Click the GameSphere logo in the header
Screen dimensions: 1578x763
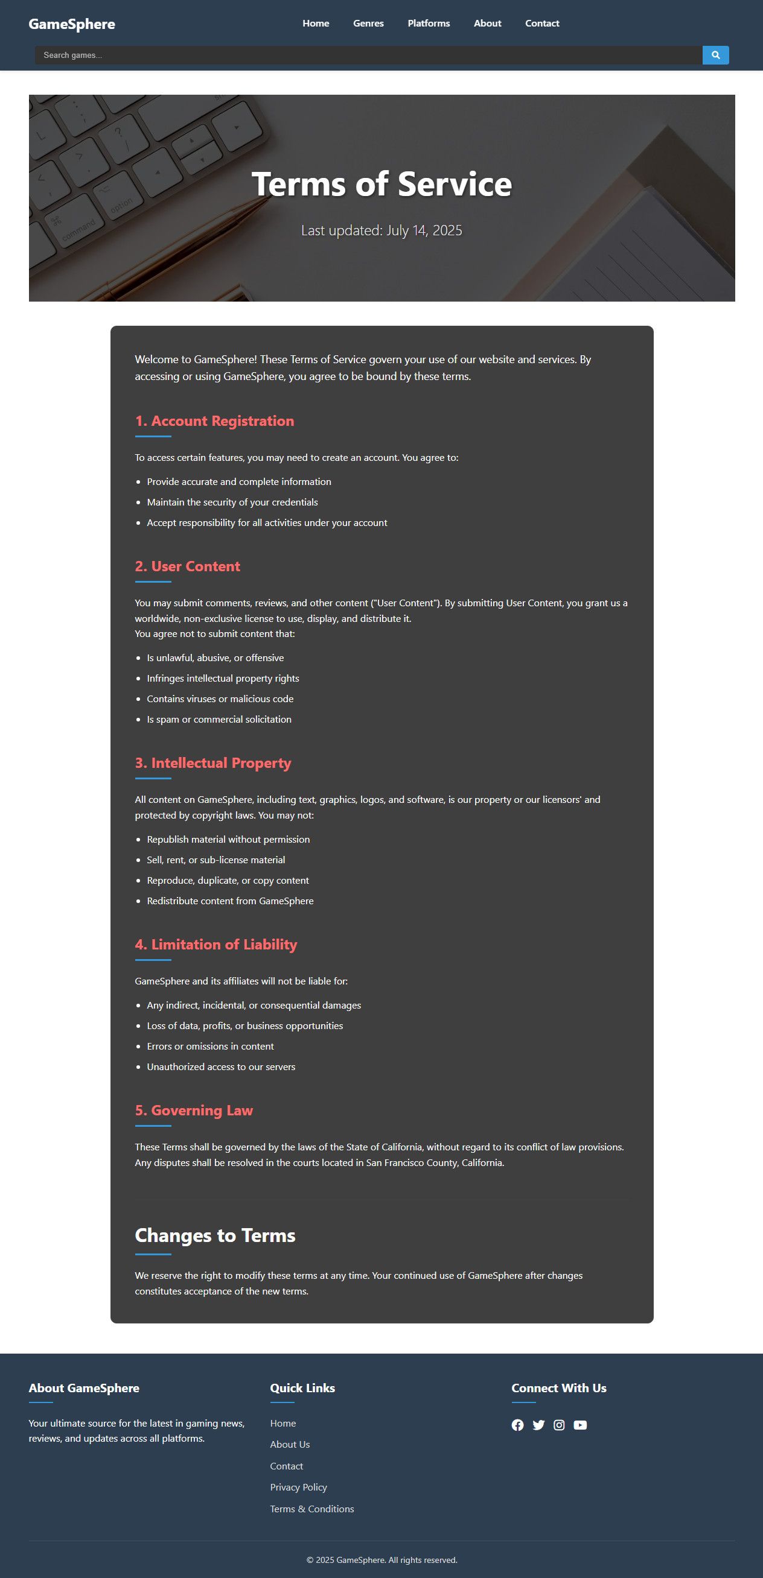[x=72, y=24]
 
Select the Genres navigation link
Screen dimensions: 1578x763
[x=368, y=24]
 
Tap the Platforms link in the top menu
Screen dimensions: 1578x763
[x=429, y=24]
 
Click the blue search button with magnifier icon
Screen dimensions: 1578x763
[x=715, y=55]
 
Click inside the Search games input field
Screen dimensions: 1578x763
[x=368, y=55]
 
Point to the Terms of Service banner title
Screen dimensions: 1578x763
[x=381, y=184]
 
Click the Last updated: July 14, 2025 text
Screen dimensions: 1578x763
[x=381, y=230]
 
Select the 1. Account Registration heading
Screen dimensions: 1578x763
[x=214, y=421]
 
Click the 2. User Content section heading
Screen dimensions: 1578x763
[x=188, y=566]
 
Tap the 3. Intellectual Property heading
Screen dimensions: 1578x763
[x=212, y=762]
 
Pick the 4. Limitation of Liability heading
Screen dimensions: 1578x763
[x=215, y=944]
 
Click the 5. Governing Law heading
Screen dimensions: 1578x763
[x=194, y=1110]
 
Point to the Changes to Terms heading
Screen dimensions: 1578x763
[x=215, y=1235]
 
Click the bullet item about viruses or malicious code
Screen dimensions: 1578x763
[x=220, y=699]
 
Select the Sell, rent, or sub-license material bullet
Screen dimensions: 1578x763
[x=215, y=860]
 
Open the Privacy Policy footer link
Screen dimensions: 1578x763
[x=298, y=1487]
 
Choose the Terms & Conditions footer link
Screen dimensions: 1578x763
[x=312, y=1508]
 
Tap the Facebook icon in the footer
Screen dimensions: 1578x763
[x=518, y=1425]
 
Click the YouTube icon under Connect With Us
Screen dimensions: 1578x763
[x=579, y=1425]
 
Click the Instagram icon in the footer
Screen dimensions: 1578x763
[x=559, y=1425]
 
